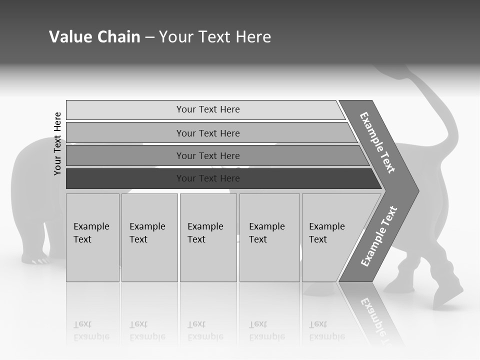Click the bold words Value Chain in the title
pos(94,37)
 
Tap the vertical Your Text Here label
pos(58,143)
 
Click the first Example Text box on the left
pos(92,237)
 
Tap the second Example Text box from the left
pos(149,237)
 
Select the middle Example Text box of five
pos(208,237)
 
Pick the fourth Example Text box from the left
pos(269,237)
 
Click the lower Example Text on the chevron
pos(378,236)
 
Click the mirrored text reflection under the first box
pos(91,330)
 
